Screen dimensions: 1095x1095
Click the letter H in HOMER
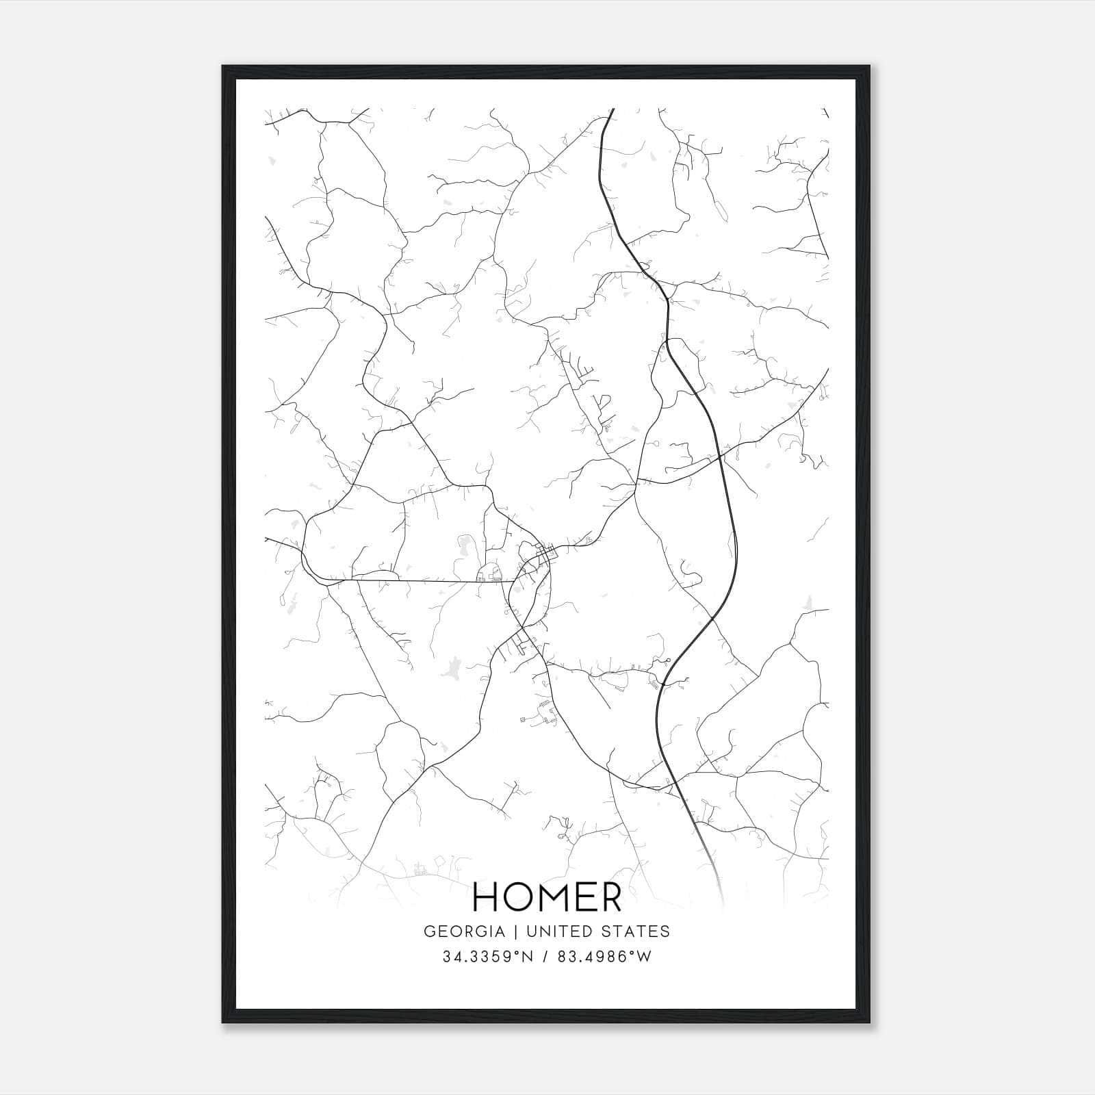pyautogui.click(x=487, y=897)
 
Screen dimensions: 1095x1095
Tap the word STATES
pyautogui.click(x=640, y=931)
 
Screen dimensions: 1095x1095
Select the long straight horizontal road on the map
pyautogui.click(x=424, y=581)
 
